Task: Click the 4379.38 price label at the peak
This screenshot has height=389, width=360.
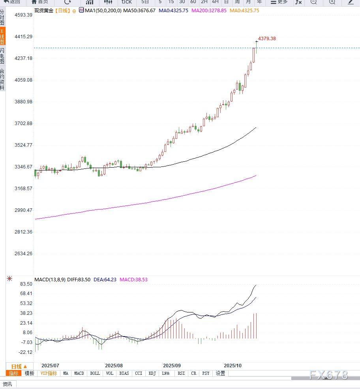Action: click(267, 39)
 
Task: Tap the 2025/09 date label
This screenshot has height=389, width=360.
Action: click(172, 365)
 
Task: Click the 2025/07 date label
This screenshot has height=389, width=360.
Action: click(50, 365)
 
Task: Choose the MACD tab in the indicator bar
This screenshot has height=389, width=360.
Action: click(79, 373)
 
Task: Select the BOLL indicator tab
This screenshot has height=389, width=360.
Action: click(95, 373)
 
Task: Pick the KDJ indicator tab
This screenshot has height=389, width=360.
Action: click(152, 373)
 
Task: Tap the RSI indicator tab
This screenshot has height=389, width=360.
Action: click(181, 373)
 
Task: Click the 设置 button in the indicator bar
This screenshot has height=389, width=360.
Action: click(220, 373)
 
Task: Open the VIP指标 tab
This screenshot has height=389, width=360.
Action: click(49, 373)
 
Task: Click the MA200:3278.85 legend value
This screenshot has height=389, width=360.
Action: click(209, 11)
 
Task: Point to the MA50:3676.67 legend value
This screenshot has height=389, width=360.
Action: click(139, 11)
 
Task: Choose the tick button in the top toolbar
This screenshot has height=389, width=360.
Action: click(126, 2)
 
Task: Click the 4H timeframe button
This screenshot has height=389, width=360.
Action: click(215, 2)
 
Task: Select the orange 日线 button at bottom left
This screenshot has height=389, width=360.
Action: click(19, 367)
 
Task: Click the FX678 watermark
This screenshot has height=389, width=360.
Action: click(329, 375)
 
